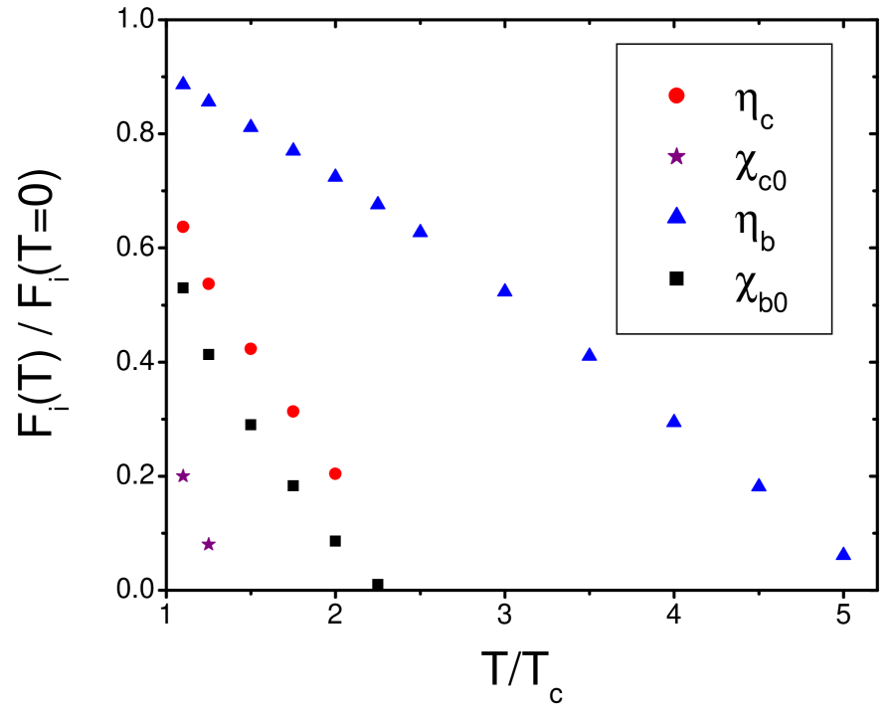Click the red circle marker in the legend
[676, 95]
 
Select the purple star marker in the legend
[676, 155]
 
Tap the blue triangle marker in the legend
[676, 215]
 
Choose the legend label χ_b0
[761, 289]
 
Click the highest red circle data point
[183, 227]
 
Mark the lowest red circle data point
[335, 473]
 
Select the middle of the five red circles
[251, 349]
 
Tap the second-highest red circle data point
[209, 283]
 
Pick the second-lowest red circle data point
[292, 411]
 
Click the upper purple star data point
[183, 476]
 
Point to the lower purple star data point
[209, 544]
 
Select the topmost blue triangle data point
[183, 83]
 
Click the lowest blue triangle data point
[843, 554]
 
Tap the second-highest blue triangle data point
[209, 100]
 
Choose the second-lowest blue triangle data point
[759, 485]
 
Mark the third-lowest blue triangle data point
[673, 421]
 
